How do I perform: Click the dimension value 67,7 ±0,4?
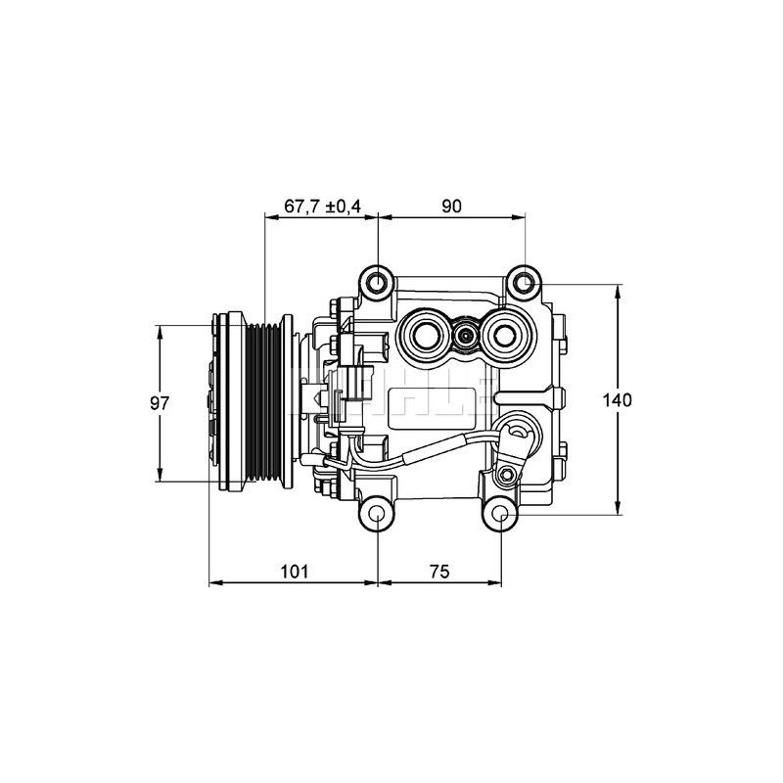(x=322, y=207)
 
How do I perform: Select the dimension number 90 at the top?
(x=451, y=207)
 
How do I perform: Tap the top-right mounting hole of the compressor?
(x=526, y=284)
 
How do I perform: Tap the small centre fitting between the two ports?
(x=466, y=338)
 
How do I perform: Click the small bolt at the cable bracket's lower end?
(x=505, y=475)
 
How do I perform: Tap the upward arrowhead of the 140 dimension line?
(x=618, y=291)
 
